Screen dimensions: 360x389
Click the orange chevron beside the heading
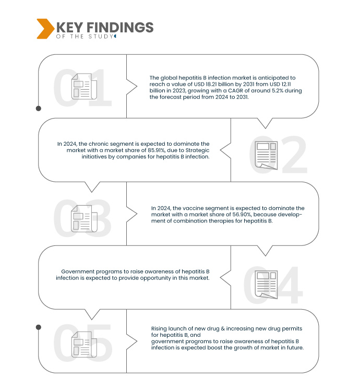coord(45,29)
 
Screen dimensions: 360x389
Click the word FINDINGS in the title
coord(120,27)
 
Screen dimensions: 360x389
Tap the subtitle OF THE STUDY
coord(85,37)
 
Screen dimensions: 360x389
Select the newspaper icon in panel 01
coord(84,86)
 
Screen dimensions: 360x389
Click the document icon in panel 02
coord(266,155)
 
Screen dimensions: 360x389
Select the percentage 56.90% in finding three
coord(242,215)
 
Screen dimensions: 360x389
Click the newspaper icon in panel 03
coord(84,219)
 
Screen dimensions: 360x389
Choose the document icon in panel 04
coord(266,285)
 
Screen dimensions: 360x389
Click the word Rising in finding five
coord(159,328)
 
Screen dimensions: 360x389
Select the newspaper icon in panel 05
coord(84,344)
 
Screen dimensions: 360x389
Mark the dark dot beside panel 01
coord(39,109)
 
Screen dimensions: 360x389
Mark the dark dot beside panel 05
coord(39,327)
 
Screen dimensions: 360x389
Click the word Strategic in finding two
coord(197,150)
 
